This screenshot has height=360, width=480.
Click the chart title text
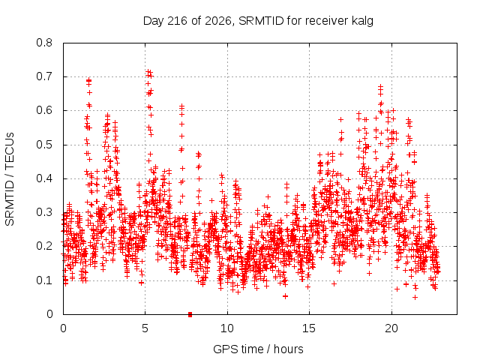click(x=258, y=21)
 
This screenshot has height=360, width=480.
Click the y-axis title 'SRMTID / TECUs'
click(x=10, y=179)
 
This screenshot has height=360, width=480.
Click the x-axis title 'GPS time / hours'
click(x=258, y=349)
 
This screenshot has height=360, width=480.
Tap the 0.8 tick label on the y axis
click(x=44, y=43)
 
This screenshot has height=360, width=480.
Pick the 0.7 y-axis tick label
click(x=44, y=76)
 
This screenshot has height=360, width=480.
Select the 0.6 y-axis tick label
click(x=44, y=110)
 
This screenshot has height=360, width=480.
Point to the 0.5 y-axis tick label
click(x=44, y=145)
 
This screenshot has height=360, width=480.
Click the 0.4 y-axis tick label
click(x=44, y=178)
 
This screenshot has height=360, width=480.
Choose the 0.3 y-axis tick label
click(x=44, y=212)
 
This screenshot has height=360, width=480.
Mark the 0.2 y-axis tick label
click(x=44, y=246)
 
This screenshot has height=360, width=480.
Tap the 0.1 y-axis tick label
click(x=44, y=280)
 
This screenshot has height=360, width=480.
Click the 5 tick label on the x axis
click(x=145, y=328)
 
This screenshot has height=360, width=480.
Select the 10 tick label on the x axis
click(x=227, y=328)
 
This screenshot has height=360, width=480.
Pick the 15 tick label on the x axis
click(x=309, y=328)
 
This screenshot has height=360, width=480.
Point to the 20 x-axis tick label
click(x=391, y=328)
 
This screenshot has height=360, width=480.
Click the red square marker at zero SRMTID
click(x=190, y=314)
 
